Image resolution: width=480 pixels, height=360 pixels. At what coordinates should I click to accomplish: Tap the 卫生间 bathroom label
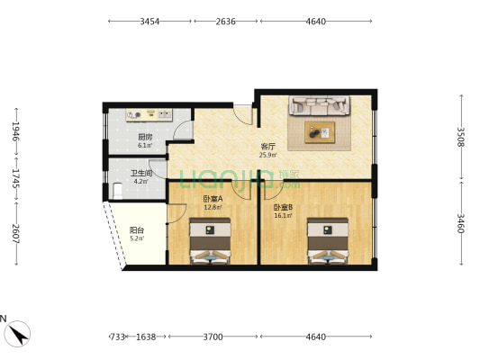coord(141,173)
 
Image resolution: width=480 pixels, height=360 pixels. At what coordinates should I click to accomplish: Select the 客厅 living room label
coord(267,146)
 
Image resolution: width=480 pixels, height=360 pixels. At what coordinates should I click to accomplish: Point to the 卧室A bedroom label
coord(212,200)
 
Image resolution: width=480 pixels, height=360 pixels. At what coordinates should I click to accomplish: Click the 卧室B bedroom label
coord(284,208)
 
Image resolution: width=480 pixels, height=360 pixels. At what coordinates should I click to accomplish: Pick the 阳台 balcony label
coord(135,229)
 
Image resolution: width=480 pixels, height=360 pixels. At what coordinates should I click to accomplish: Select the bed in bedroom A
coord(211,242)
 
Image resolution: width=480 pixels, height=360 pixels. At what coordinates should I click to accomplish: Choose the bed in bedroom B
coord(328,242)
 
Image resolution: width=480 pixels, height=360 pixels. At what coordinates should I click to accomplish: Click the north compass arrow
coord(17,334)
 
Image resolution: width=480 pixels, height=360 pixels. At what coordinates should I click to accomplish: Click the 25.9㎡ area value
coord(267,155)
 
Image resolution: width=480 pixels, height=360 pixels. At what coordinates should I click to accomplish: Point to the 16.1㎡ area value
coord(285,216)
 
